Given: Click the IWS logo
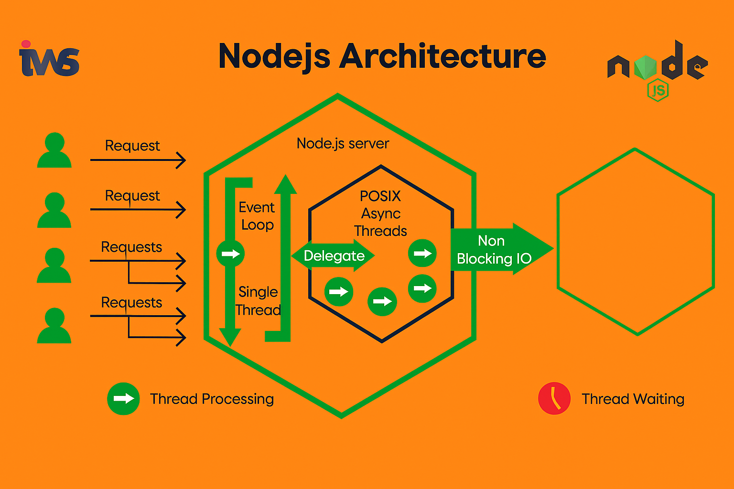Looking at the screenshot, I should [49, 59].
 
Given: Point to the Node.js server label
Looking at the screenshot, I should [343, 143].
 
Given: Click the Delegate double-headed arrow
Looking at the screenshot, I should [333, 256].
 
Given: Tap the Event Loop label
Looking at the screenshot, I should [257, 216].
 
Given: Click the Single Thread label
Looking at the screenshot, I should [258, 301].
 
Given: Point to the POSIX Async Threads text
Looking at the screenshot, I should [380, 213].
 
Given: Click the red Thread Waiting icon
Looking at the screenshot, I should [554, 398].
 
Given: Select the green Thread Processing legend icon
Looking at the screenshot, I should [123, 398].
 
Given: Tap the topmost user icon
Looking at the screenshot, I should [54, 150].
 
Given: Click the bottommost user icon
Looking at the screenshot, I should [54, 326].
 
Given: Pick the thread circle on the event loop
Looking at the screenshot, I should [230, 254].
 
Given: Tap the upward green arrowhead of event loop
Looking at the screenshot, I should [286, 185].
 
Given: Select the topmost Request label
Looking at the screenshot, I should [132, 145].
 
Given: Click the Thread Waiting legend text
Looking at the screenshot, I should [633, 399].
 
